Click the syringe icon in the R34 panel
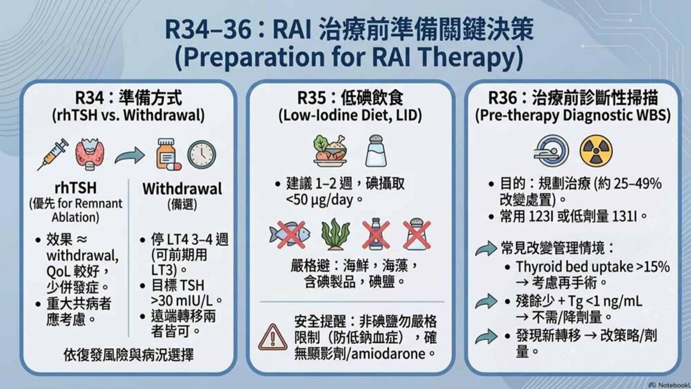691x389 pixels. (x=53, y=154)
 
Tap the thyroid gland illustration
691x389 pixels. (x=90, y=154)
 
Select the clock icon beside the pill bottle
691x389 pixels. (x=202, y=154)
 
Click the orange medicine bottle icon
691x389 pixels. (x=168, y=154)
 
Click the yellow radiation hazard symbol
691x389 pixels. (x=596, y=151)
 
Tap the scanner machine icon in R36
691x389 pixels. (x=551, y=151)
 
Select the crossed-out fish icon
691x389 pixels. (x=290, y=234)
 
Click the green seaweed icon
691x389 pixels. (x=335, y=234)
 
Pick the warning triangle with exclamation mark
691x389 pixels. (x=273, y=338)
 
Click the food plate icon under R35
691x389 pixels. (x=330, y=151)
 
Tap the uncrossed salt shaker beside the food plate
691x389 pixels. (x=376, y=151)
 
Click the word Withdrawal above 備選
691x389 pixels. (x=182, y=189)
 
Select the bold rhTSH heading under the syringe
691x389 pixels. (x=76, y=188)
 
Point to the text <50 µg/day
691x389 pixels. (x=320, y=200)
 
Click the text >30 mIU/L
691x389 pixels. (x=182, y=301)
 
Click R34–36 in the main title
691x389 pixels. (x=208, y=29)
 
